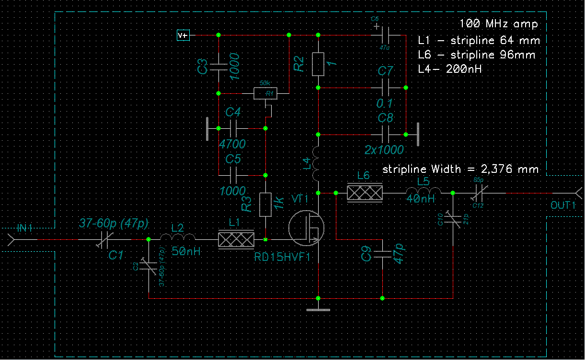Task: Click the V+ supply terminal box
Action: point(183,35)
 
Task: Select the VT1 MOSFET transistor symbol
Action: point(306,227)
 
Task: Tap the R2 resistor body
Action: point(318,64)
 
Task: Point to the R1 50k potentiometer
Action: point(265,93)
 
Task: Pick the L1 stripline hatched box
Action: point(236,239)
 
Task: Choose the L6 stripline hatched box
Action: point(365,193)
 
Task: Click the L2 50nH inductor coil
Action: point(177,238)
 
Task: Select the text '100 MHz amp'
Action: point(498,23)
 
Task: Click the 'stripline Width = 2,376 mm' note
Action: point(460,169)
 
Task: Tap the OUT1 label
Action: point(563,205)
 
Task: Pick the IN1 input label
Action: point(24,229)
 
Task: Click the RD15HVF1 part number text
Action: point(283,257)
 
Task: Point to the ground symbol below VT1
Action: point(318,309)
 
